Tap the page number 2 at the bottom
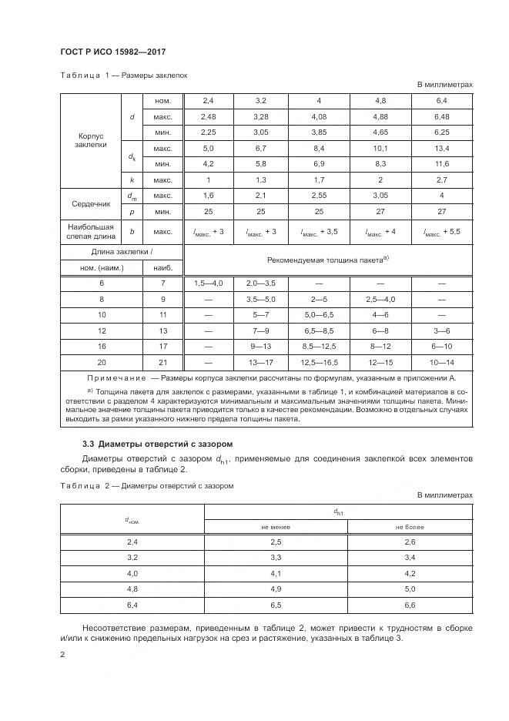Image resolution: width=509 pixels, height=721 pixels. [x=63, y=654]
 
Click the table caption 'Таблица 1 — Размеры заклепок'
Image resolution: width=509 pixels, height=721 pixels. [x=123, y=75]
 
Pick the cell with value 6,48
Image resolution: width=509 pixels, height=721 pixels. [x=441, y=116]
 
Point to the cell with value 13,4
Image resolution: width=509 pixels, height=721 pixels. [x=441, y=148]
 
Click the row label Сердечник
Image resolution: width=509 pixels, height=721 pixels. [x=92, y=204]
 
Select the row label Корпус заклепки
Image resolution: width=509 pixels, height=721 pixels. [x=92, y=139]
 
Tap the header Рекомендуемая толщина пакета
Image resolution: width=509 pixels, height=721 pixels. [x=327, y=260]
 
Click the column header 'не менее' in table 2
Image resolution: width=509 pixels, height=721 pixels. [x=276, y=526]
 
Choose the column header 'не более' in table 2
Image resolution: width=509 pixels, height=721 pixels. [x=410, y=526]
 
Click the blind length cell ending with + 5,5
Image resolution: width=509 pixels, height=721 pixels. [x=441, y=232]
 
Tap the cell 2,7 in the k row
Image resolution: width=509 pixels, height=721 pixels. [x=441, y=179]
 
